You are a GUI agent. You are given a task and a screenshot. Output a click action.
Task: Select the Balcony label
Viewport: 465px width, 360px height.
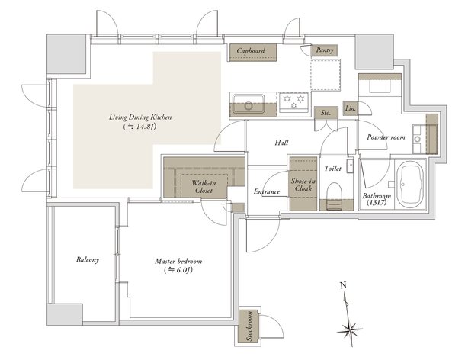tap(88, 260)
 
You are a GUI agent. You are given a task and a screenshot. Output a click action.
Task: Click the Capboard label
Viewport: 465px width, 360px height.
tap(250, 51)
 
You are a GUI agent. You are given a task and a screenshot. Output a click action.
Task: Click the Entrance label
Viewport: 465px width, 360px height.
tap(267, 191)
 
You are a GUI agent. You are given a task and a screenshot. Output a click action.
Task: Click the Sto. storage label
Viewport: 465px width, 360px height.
tap(325, 112)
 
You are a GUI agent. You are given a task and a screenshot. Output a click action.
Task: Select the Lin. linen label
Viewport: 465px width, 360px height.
tap(351, 108)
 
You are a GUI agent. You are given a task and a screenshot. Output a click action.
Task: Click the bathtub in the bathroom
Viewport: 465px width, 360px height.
tap(411, 186)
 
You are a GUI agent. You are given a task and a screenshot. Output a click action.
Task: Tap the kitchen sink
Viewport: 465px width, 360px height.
tap(248, 103)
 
